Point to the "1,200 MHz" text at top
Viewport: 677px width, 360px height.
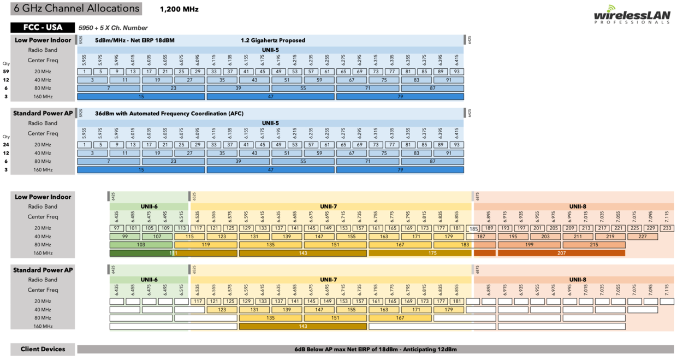coord(179,9)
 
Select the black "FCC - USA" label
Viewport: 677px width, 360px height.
coord(43,27)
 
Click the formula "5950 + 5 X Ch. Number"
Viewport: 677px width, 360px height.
coord(113,28)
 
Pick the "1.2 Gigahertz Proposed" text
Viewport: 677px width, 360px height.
coord(273,40)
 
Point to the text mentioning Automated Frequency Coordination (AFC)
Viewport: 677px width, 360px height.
coord(169,114)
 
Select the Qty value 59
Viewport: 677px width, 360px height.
coord(6,72)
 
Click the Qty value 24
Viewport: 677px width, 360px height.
coord(6,145)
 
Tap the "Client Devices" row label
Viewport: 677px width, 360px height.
coord(43,349)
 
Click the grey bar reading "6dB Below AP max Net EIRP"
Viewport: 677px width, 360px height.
coord(375,349)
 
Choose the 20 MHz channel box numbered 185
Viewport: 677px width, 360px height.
coord(474,228)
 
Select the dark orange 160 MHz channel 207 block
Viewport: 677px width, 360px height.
coord(561,253)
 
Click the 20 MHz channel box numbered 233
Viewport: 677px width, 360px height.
coord(667,228)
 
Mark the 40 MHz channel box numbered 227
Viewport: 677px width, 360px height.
coord(642,237)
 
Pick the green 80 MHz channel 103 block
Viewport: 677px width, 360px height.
coord(141,245)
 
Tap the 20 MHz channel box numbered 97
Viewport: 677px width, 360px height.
coord(117,228)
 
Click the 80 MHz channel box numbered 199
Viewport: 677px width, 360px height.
coord(529,245)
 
